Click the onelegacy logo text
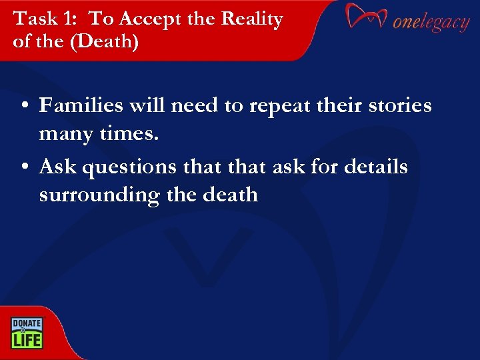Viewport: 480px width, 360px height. (431, 22)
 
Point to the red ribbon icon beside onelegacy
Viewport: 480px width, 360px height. (366, 17)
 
